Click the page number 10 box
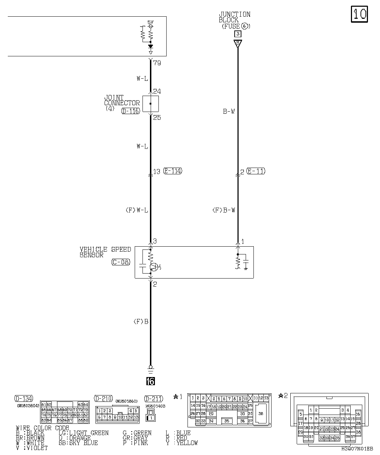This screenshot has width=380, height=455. click(359, 14)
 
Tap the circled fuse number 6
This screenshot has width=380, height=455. click(245, 26)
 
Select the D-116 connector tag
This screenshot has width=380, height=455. click(130, 111)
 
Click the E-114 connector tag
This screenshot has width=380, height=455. click(173, 171)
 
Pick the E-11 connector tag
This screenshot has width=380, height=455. click(255, 171)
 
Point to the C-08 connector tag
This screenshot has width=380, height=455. click(121, 262)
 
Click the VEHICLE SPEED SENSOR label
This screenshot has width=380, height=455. click(105, 252)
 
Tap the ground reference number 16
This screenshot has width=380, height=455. click(150, 381)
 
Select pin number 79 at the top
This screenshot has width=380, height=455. click(157, 63)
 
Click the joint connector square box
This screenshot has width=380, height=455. click(150, 103)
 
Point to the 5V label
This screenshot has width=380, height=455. click(150, 22)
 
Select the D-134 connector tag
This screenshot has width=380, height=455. click(24, 398)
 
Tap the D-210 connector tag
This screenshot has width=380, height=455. click(103, 398)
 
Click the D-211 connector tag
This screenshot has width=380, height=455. click(153, 399)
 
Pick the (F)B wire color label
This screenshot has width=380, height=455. click(140, 322)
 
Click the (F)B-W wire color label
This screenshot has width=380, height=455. click(223, 210)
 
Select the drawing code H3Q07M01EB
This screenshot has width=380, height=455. click(357, 448)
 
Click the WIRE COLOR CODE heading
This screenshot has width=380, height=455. click(43, 428)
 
